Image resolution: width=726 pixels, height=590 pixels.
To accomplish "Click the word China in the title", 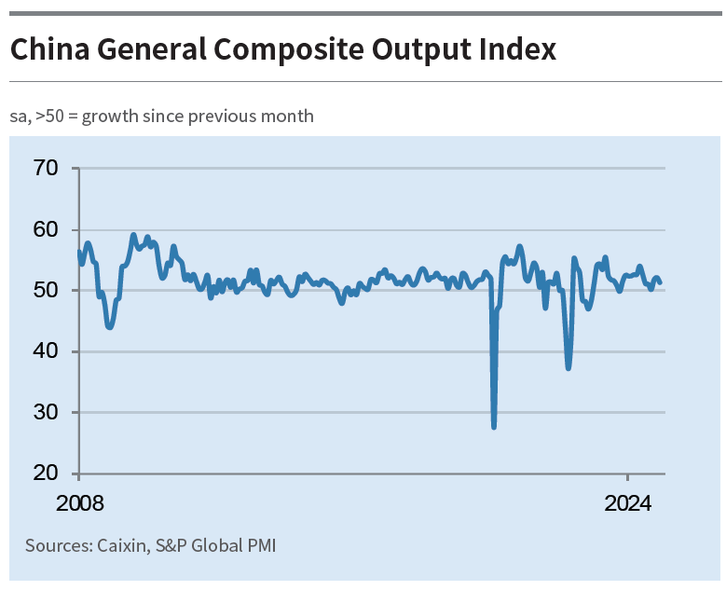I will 45,49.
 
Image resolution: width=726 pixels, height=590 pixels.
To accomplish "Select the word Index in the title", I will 518,49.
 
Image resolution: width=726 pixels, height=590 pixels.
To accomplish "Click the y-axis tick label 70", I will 45,169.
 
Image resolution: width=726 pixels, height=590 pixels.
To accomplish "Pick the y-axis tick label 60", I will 45,229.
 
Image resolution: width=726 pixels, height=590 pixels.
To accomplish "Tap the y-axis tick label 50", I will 45,291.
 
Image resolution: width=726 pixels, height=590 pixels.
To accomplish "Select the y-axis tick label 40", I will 45,351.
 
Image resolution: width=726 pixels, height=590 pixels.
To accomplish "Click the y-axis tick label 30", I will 45,412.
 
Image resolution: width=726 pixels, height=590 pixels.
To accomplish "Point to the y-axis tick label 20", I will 45,473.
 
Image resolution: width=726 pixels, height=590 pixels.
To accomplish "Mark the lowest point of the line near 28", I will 493,426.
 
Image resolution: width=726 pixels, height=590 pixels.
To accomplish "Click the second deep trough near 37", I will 568,368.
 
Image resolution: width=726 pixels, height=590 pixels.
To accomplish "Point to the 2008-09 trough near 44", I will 110,327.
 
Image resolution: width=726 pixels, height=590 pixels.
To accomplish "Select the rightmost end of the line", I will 660,282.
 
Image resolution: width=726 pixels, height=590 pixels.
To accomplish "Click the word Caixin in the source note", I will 121,545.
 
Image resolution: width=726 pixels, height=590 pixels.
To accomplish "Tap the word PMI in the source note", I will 260,545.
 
